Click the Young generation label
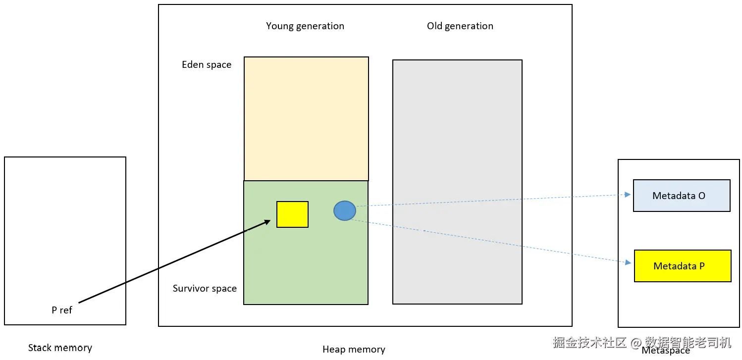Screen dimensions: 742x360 coord(305,26)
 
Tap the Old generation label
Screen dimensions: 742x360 coord(460,26)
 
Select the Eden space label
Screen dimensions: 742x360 coord(207,64)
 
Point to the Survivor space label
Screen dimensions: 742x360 coord(205,289)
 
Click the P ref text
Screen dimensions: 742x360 coord(61,310)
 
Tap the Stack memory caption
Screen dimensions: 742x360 coord(60,348)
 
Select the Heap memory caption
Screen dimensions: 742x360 coord(354,350)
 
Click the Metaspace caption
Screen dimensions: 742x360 coord(666,351)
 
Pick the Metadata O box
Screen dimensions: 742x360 coord(682,196)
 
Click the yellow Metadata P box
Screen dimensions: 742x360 coord(683,266)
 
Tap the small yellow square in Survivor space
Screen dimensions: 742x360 coord(293,214)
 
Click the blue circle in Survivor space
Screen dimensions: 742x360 coord(345,210)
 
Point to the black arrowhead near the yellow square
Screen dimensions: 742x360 coord(267,222)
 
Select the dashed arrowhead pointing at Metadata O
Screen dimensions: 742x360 coord(628,195)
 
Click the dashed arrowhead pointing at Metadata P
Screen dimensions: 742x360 coord(628,262)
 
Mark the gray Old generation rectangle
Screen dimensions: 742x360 coord(458,182)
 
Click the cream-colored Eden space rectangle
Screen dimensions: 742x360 coord(306,118)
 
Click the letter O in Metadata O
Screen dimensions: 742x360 coord(701,196)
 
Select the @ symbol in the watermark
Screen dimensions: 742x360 coord(636,343)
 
